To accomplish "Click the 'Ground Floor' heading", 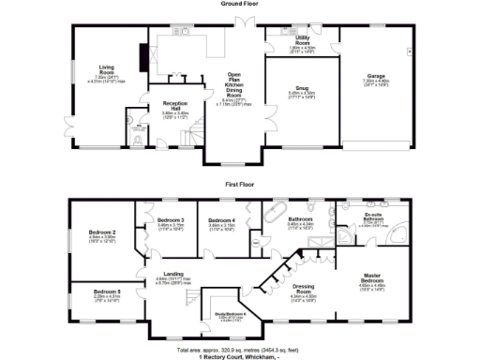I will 240,4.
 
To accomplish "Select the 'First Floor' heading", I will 240,185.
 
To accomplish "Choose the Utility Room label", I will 302,42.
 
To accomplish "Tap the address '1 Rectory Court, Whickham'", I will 240,356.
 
